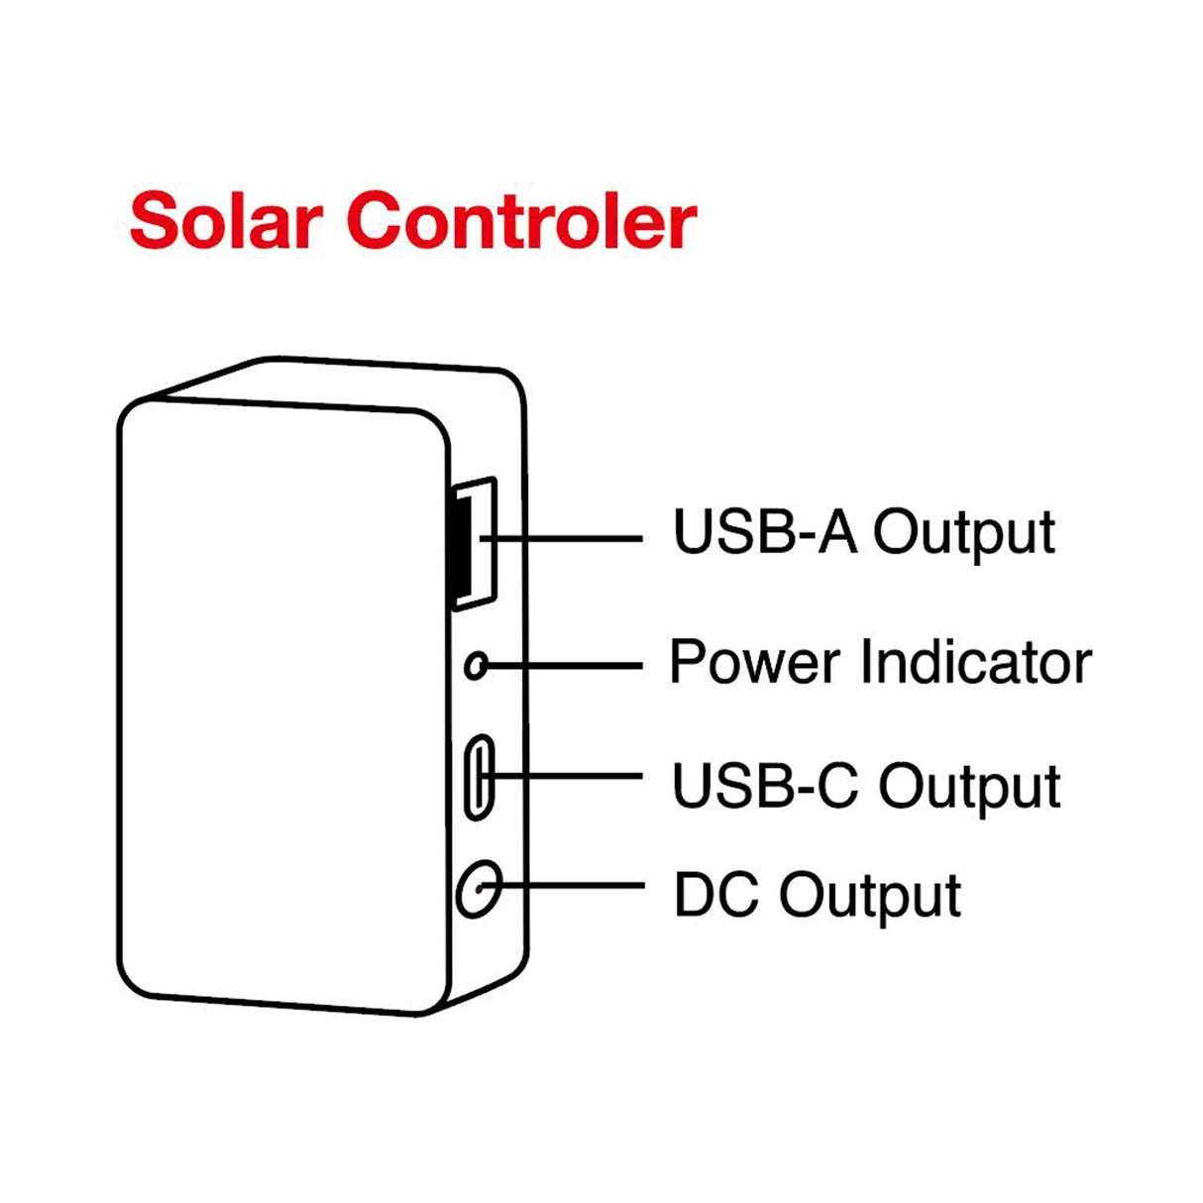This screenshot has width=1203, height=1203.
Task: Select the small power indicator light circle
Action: point(477,665)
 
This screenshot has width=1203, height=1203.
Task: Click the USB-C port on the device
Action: point(480,777)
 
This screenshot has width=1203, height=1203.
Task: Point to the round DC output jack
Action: point(479,888)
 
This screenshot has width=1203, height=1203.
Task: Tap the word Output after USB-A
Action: point(963,535)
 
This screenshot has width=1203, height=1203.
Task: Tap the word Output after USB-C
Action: point(969,789)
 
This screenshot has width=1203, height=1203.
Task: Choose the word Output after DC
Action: point(869,898)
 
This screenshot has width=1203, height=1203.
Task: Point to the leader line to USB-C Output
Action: point(575,775)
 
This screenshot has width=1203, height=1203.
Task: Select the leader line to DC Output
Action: point(575,884)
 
